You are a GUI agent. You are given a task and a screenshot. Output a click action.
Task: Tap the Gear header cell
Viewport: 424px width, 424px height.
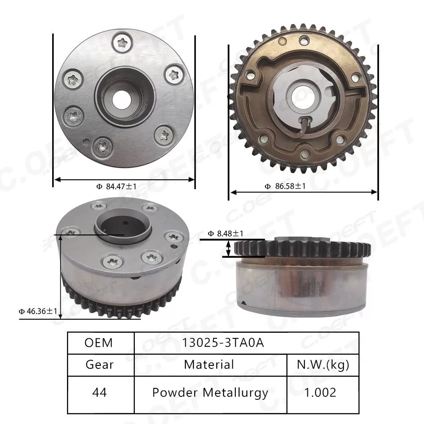pos(99,364)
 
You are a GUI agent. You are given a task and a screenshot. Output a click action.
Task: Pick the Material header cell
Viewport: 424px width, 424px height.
pos(209,364)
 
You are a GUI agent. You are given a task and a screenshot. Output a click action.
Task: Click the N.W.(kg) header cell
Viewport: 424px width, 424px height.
pos(323,364)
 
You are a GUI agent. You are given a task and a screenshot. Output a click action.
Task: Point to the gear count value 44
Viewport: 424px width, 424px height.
pos(99,392)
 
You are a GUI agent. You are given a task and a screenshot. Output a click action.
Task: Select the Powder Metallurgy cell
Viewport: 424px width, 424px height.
pos(210,392)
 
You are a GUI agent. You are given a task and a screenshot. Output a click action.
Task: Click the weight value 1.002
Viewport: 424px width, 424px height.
pos(323,392)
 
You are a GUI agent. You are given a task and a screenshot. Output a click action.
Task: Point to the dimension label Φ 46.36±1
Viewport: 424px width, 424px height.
pos(37,312)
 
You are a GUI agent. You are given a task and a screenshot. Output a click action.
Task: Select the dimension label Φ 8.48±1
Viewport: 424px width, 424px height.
pos(226,234)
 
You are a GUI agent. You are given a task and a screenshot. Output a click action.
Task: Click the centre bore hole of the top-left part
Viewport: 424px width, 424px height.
pos(124,98)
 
